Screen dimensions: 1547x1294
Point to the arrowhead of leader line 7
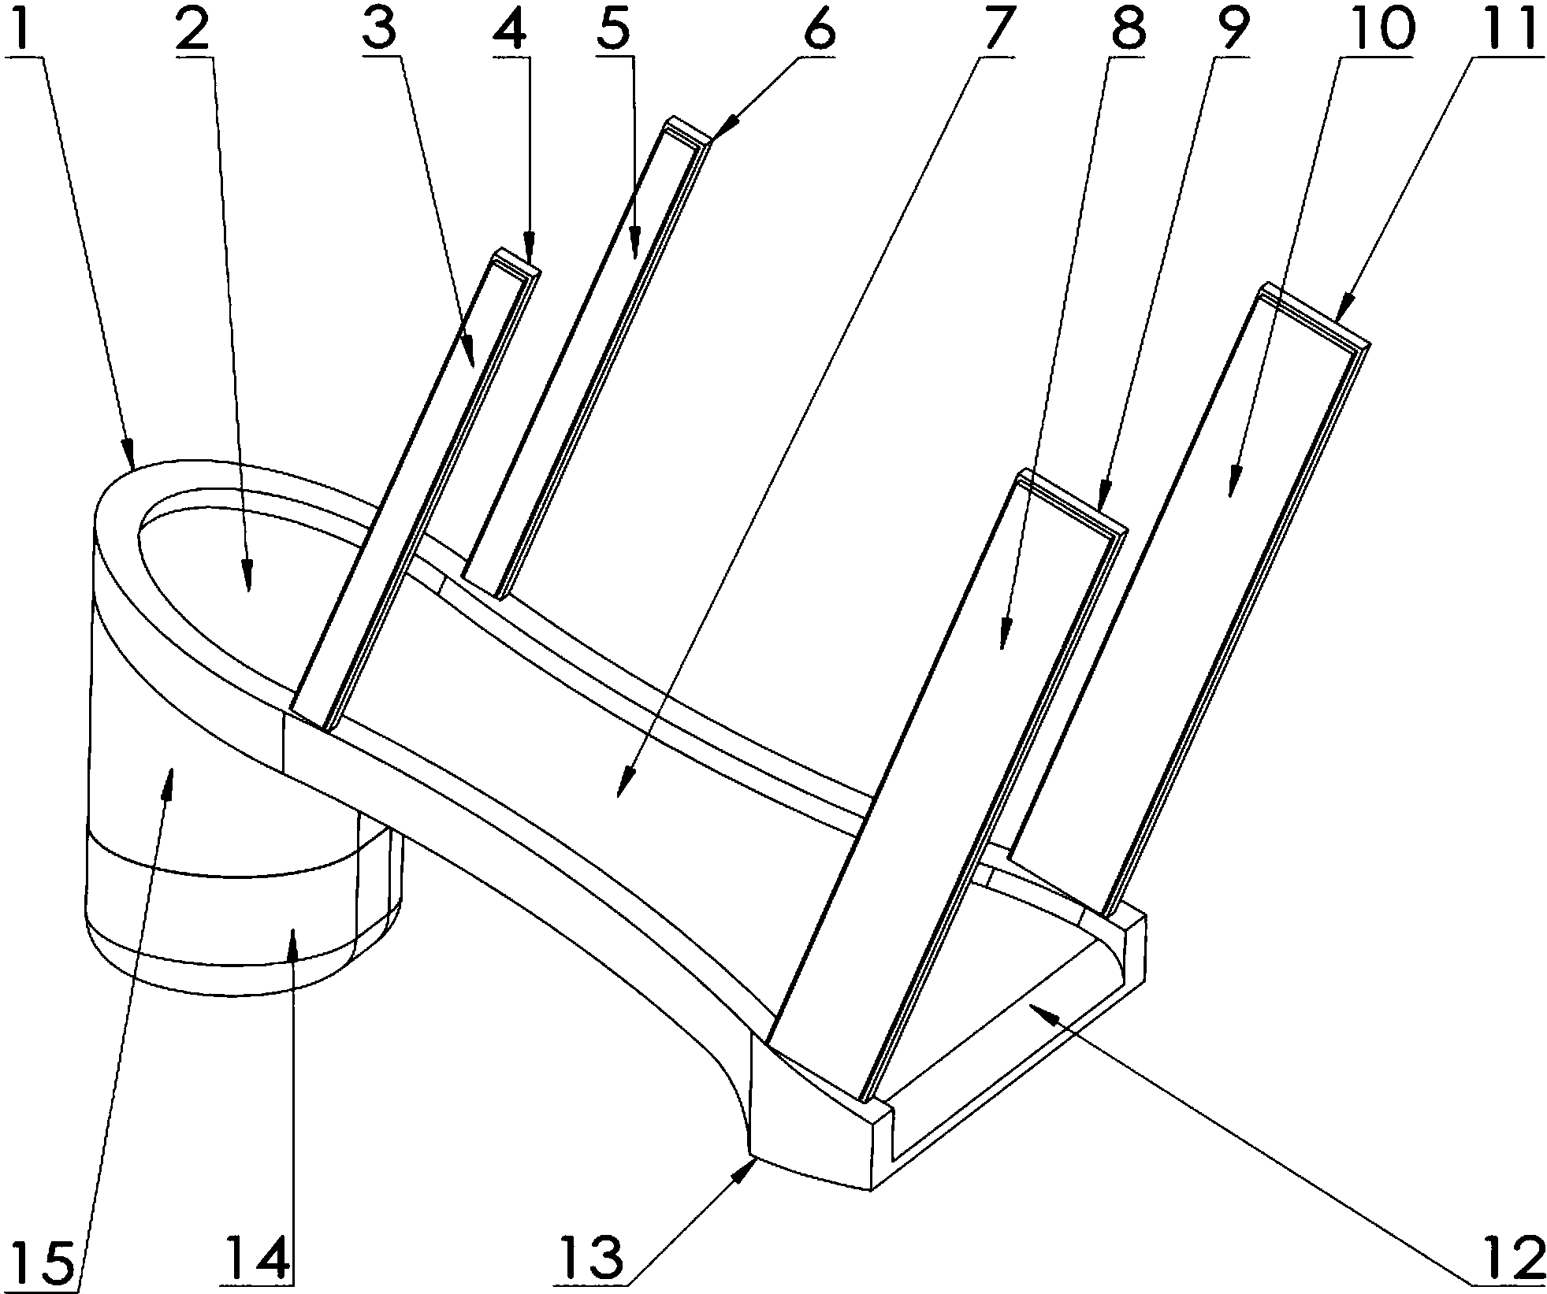(623, 788)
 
